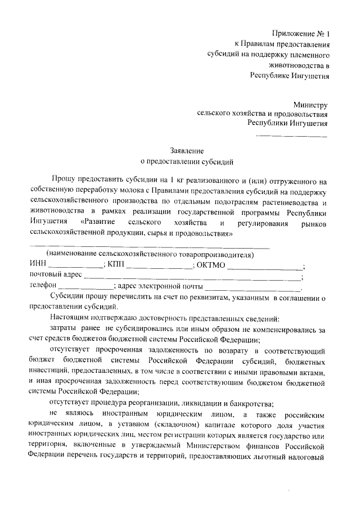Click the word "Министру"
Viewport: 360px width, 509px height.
[x=310, y=104]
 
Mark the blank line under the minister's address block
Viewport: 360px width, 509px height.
[x=291, y=136]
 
